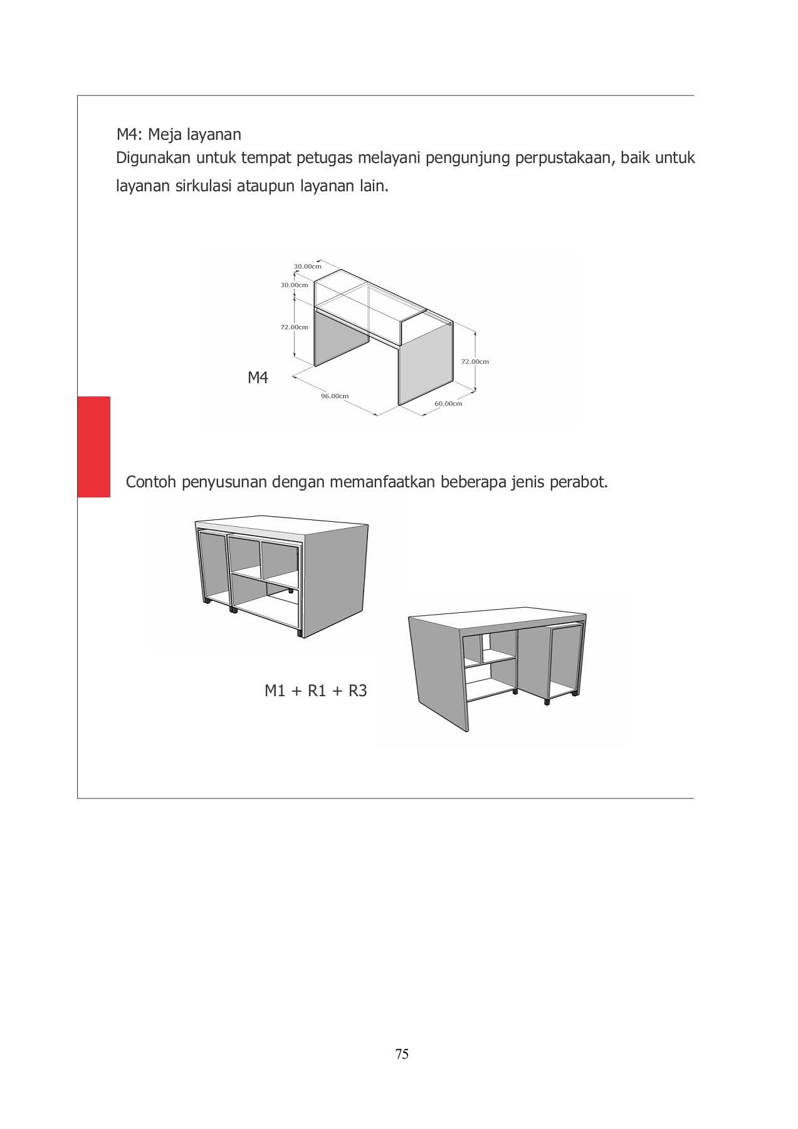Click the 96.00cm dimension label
(335, 396)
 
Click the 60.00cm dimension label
(448, 403)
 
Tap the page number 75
(402, 1054)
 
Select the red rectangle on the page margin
(94, 447)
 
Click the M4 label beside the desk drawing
(258, 378)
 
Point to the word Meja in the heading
(165, 135)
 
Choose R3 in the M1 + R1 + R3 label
(357, 691)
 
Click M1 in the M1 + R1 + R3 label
(275, 691)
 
